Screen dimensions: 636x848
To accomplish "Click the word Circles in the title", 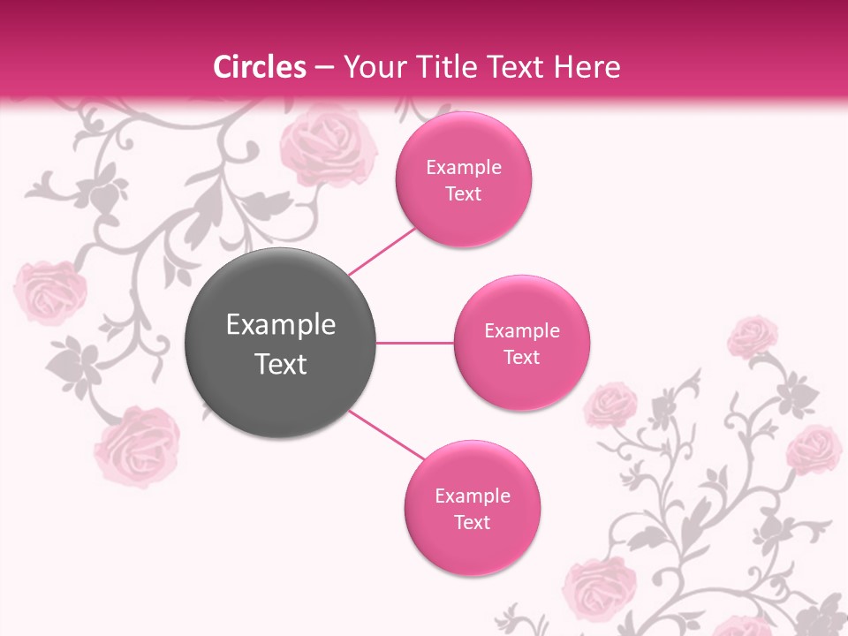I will (260, 67).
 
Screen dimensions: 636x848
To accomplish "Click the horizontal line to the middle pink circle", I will (414, 342).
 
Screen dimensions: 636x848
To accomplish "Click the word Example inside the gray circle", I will (281, 325).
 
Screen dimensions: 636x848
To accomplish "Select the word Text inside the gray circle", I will (281, 364).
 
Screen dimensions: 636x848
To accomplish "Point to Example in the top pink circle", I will (464, 167).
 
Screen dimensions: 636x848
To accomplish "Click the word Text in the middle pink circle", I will (521, 357).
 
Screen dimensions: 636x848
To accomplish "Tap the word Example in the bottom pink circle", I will (473, 496).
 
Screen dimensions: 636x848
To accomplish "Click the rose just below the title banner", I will (328, 141).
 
